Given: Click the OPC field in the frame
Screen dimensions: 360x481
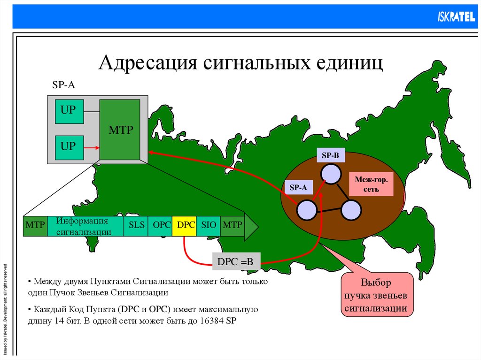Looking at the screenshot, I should click(161, 225).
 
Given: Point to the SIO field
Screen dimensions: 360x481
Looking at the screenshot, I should click(208, 225).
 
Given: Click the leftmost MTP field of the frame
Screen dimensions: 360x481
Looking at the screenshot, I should click(35, 225).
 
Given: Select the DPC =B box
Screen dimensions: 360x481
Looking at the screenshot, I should click(235, 262).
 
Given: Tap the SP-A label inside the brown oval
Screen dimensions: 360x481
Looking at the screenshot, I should click(298, 187).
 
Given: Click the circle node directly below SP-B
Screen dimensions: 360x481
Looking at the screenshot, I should click(331, 174).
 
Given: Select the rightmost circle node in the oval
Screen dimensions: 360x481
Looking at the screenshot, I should click(351, 209).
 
